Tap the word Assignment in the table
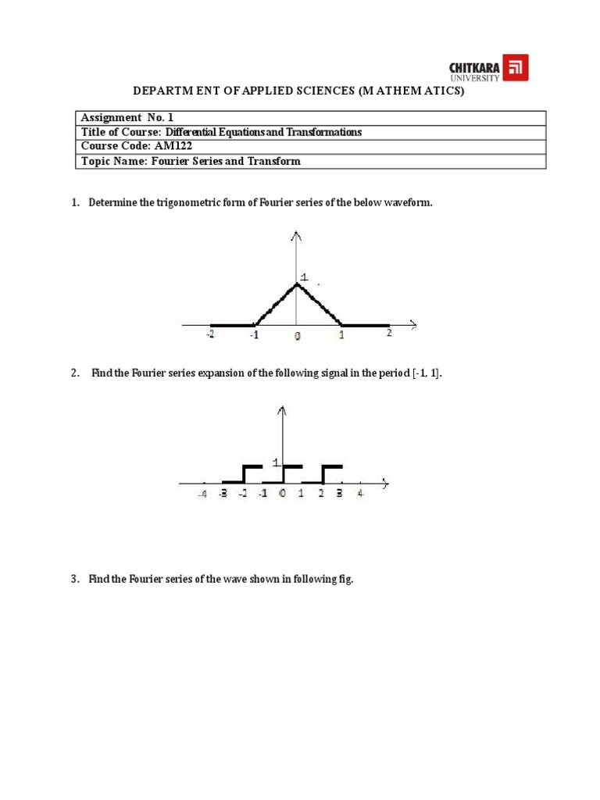(x=111, y=118)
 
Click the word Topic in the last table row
(x=97, y=162)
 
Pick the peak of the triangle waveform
(x=297, y=283)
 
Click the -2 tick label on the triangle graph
(x=210, y=334)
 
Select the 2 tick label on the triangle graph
(x=388, y=333)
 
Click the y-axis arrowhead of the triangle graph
(x=296, y=235)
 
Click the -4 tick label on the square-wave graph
(x=202, y=494)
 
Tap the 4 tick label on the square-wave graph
(x=360, y=494)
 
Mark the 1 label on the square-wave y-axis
(x=276, y=462)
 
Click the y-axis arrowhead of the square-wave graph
(x=282, y=410)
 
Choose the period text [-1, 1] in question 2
(x=427, y=373)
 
